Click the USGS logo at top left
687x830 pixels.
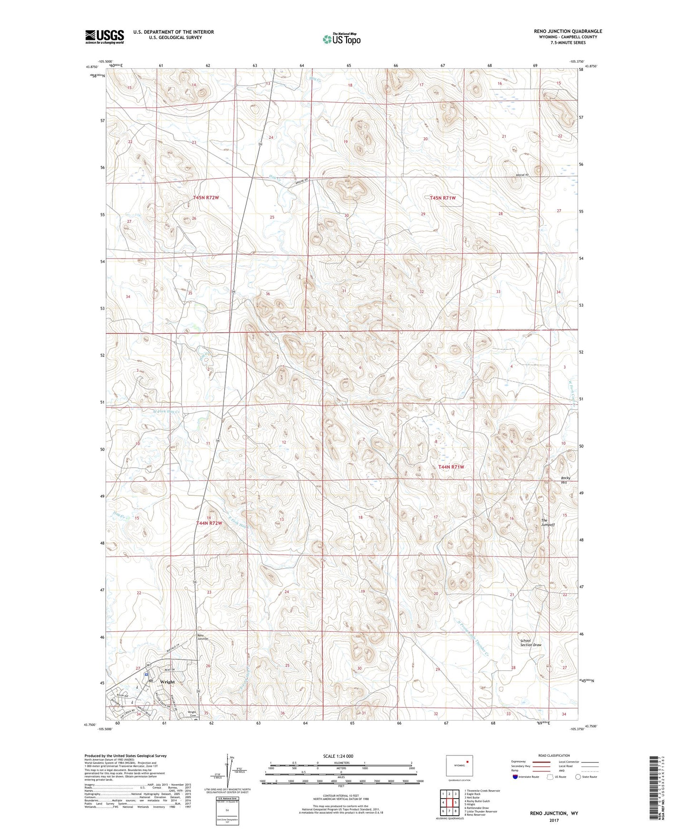[105, 37]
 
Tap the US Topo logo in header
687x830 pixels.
[341, 39]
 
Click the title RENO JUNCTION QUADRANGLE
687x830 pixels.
[568, 31]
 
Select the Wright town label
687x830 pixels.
[167, 682]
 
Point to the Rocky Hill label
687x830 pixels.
[565, 480]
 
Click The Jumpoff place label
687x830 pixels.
[548, 522]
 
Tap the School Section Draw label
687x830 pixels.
[531, 643]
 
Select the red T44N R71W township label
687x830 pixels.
[451, 467]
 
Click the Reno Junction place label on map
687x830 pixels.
[203, 637]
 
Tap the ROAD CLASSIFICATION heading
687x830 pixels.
[554, 755]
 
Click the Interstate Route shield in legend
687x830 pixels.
[516, 777]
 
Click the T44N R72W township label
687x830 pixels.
[209, 523]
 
